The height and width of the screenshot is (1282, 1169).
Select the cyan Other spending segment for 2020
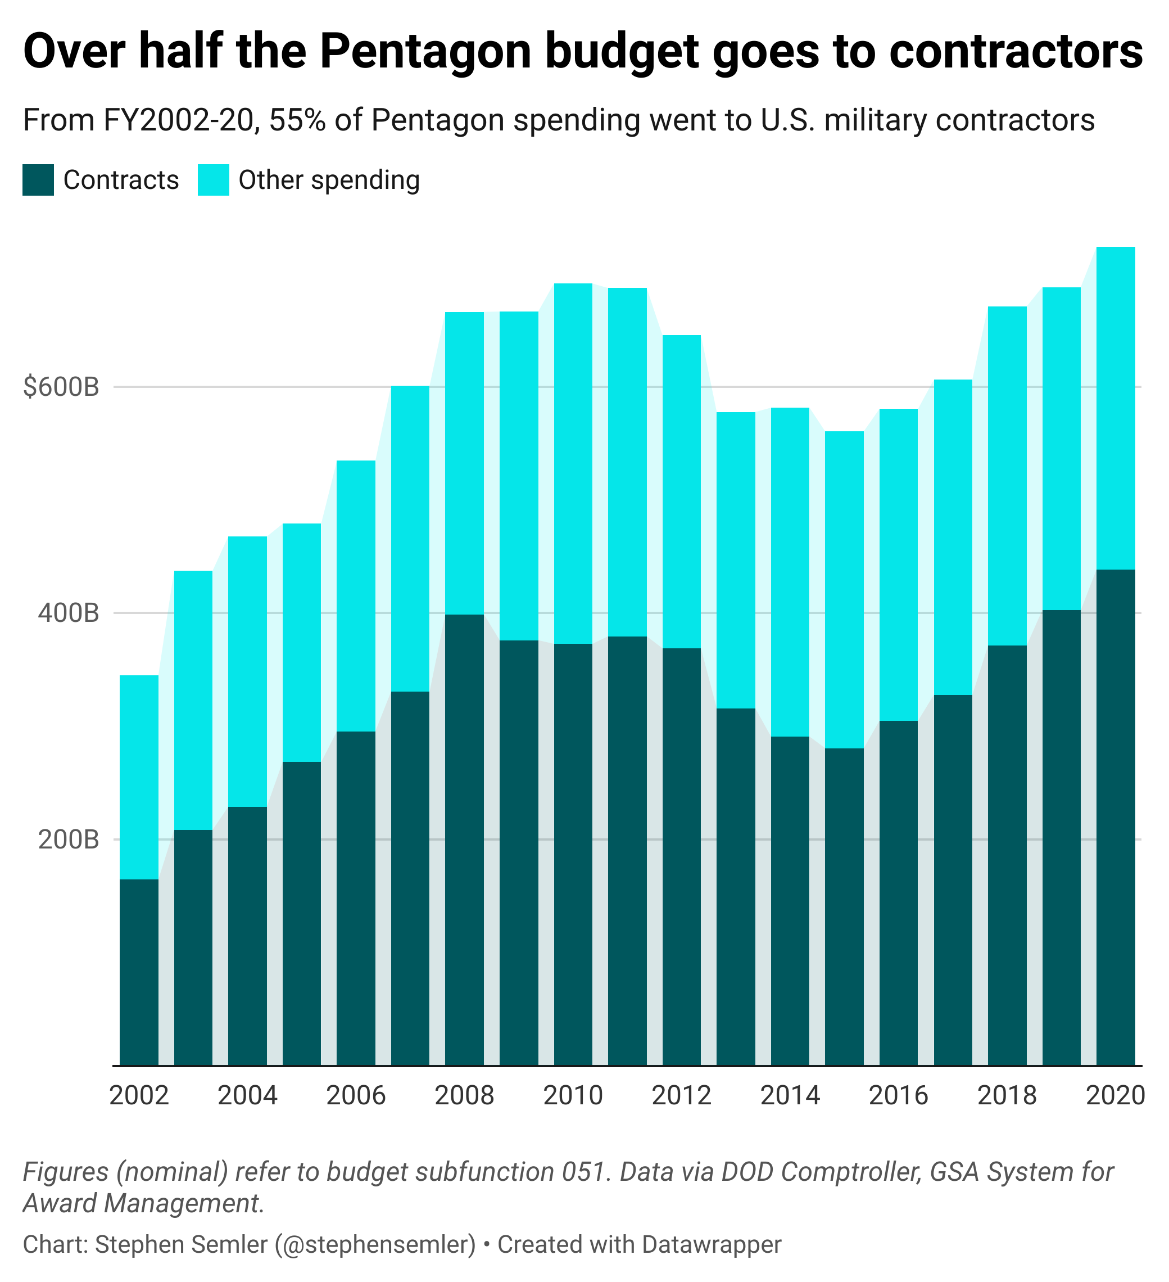pyautogui.click(x=1116, y=408)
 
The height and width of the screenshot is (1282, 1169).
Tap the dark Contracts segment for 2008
pyautogui.click(x=464, y=839)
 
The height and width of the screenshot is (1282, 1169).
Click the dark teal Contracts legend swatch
pyautogui.click(x=38, y=180)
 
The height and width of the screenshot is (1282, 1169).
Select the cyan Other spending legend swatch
pyautogui.click(x=213, y=180)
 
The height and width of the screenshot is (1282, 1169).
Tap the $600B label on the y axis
pyautogui.click(x=62, y=387)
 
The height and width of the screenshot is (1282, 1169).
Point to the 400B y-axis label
pyautogui.click(x=69, y=613)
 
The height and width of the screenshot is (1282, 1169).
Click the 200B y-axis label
pyautogui.click(x=69, y=839)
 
